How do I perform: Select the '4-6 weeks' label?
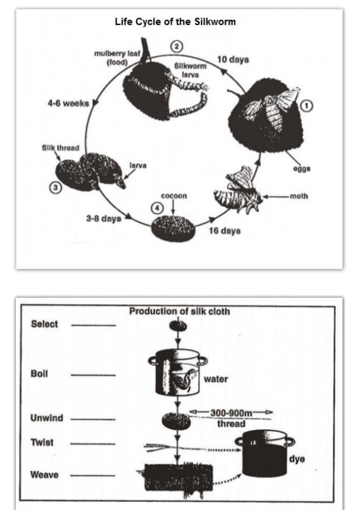tap(68, 104)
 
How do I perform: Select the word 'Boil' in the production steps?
tap(39, 372)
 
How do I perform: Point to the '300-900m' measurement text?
tap(231, 413)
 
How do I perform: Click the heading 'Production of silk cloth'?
tap(179, 312)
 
